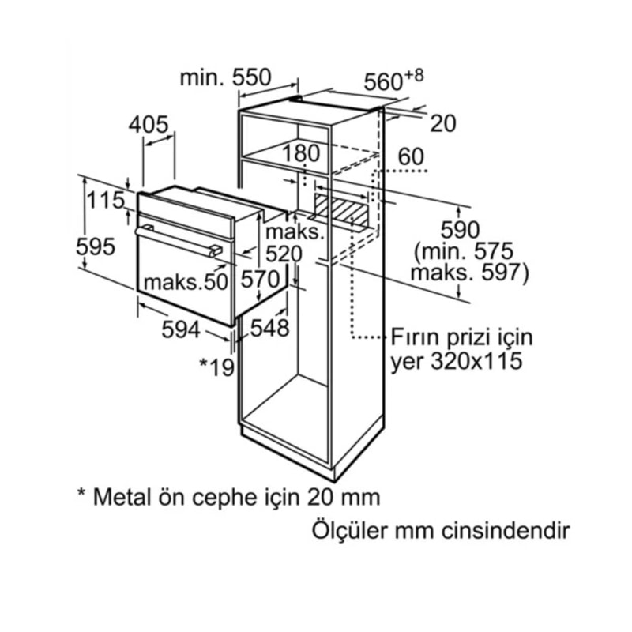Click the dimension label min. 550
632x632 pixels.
[x=225, y=77]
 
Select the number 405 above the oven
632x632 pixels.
[x=149, y=124]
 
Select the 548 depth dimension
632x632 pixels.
[x=269, y=327]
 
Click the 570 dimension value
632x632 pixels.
[x=261, y=280]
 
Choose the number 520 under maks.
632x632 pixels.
[x=284, y=254]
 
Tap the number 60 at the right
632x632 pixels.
[x=411, y=156]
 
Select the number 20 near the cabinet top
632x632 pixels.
[x=444, y=124]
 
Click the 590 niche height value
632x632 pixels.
[x=461, y=231]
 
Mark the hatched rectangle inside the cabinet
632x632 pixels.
[x=341, y=210]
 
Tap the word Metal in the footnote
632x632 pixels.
[x=120, y=497]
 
